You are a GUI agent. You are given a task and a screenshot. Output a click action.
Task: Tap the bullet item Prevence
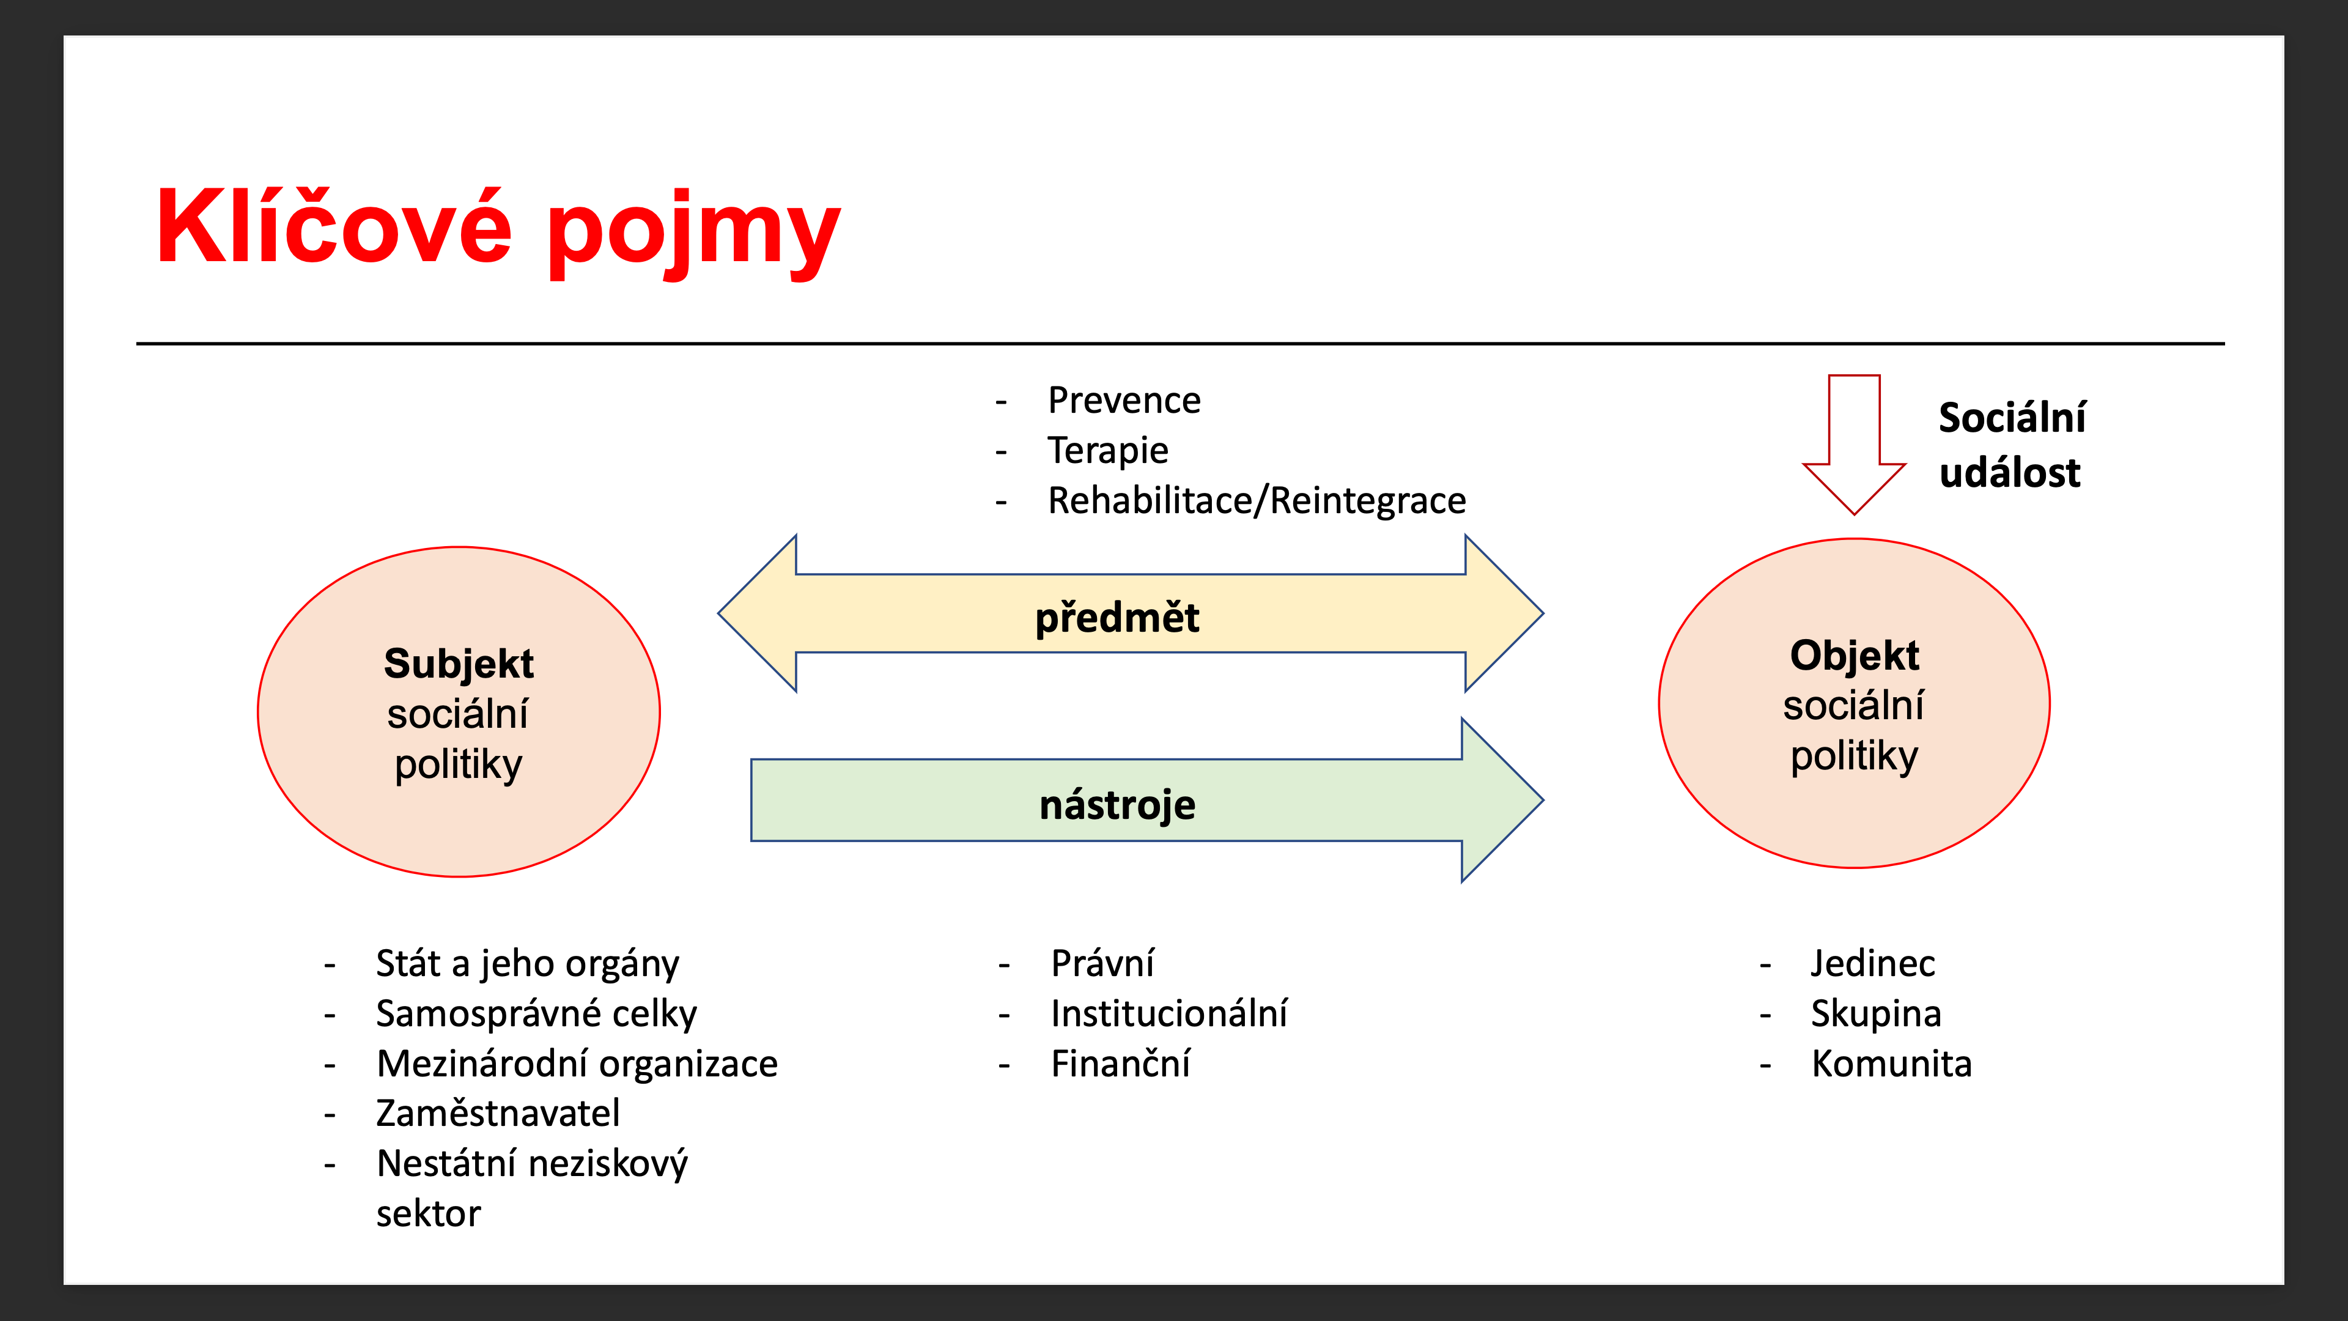click(x=1124, y=400)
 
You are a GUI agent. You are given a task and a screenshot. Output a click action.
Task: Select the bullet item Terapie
click(x=1107, y=450)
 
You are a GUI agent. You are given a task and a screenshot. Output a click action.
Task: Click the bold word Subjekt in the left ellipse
click(x=459, y=663)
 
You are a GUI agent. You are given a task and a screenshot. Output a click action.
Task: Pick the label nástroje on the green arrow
click(x=1117, y=804)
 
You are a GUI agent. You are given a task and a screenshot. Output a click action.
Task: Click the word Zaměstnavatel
click(x=498, y=1113)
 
